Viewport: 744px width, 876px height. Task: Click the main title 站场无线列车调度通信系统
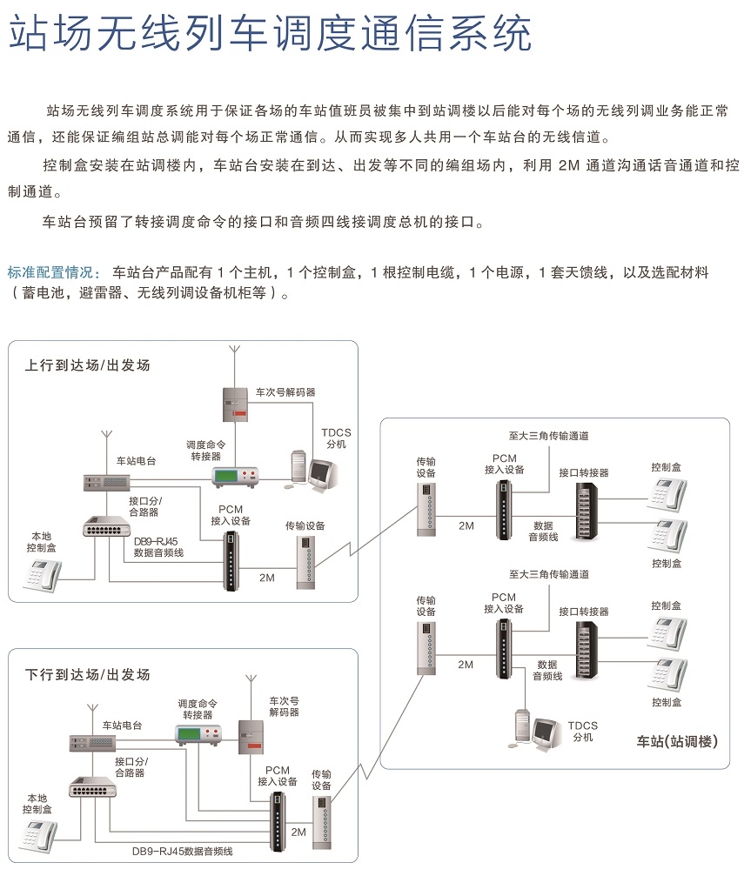(x=271, y=33)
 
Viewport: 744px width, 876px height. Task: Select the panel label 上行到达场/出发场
(x=88, y=365)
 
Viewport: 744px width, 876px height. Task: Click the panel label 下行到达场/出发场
(x=88, y=674)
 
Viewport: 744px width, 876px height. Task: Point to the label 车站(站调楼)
(x=677, y=741)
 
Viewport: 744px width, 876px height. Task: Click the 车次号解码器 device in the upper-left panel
(x=235, y=405)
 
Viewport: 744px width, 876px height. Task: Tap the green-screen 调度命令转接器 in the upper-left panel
(x=235, y=478)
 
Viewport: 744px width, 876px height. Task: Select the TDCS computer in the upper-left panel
(x=313, y=470)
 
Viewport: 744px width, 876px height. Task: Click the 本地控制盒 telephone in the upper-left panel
(x=42, y=576)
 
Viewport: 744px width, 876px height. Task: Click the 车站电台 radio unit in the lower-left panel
(x=92, y=743)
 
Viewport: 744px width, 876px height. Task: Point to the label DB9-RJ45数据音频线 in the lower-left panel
(x=182, y=852)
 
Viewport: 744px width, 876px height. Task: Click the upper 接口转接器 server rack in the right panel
(x=586, y=512)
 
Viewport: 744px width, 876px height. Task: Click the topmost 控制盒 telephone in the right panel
(x=667, y=494)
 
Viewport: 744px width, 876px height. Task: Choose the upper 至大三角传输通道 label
(x=548, y=436)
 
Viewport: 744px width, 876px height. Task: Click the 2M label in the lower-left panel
(x=298, y=832)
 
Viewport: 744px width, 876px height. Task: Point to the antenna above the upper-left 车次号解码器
(x=235, y=366)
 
